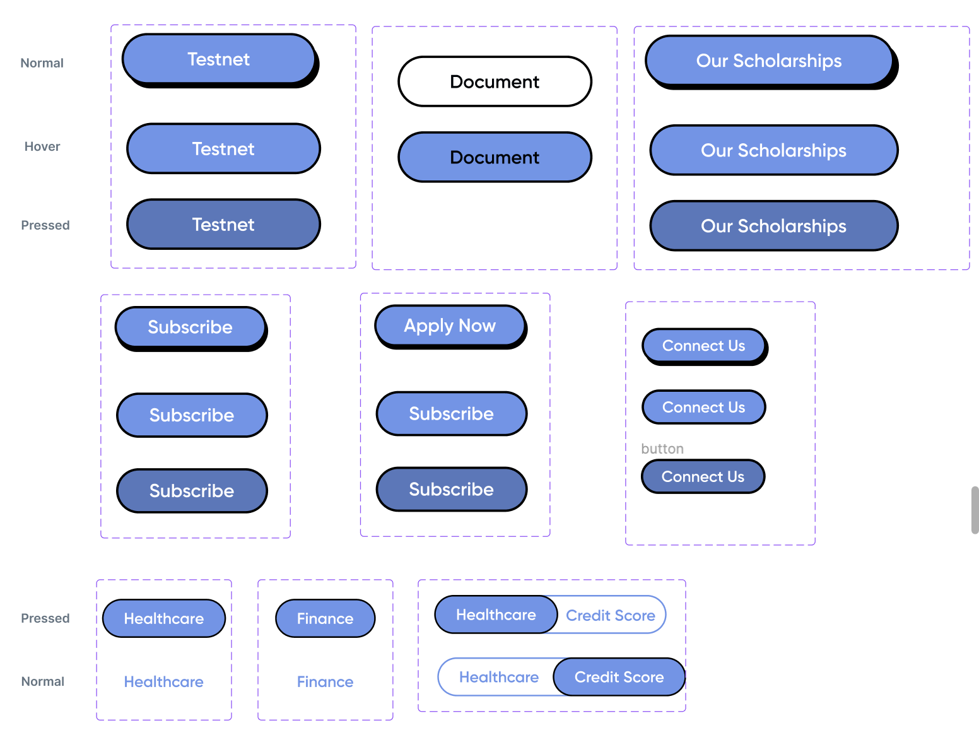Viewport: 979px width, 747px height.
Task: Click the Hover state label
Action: click(42, 146)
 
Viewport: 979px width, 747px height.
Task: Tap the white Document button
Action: click(495, 81)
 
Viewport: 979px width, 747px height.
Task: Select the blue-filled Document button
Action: click(495, 157)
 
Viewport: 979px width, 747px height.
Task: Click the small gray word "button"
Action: click(662, 449)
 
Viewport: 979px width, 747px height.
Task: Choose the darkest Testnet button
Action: click(223, 225)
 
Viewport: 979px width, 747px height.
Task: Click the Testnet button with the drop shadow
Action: click(219, 59)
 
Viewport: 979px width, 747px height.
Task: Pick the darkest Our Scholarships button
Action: click(773, 226)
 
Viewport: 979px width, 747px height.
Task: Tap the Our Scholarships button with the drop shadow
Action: click(768, 61)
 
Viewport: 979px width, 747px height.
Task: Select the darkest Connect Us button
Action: click(703, 476)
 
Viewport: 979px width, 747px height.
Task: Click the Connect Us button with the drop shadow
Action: click(703, 346)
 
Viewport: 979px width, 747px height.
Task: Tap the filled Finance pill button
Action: click(325, 618)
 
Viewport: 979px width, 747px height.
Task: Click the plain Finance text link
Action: click(325, 682)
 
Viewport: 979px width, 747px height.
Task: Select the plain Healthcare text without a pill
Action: click(163, 682)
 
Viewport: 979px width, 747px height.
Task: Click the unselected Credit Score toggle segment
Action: click(611, 615)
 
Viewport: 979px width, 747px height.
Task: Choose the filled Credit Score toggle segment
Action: click(619, 677)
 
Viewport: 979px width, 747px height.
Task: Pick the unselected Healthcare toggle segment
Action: click(498, 677)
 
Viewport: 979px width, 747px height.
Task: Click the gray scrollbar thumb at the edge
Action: click(975, 510)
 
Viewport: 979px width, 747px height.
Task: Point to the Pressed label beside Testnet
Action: click(45, 225)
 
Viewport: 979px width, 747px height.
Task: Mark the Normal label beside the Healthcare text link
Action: click(43, 681)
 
